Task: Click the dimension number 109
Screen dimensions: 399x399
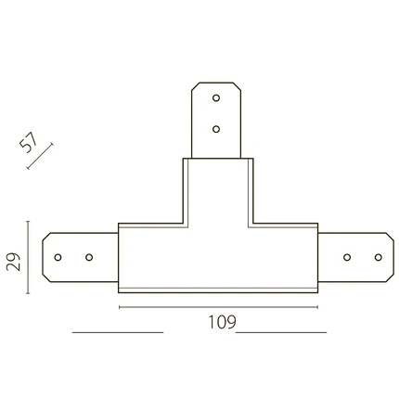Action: pyautogui.click(x=222, y=322)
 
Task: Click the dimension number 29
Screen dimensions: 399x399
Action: pyautogui.click(x=14, y=262)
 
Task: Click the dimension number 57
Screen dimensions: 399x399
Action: pyautogui.click(x=28, y=142)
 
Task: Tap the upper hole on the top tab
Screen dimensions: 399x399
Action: pyautogui.click(x=216, y=98)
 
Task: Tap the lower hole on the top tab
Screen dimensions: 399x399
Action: pyautogui.click(x=216, y=129)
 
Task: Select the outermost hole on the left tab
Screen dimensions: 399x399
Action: pyautogui.click(x=58, y=257)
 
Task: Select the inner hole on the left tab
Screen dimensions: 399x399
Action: pyautogui.click(x=89, y=257)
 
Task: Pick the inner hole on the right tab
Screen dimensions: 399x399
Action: pyautogui.click(x=347, y=257)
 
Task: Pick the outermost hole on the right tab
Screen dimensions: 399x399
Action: pyautogui.click(x=378, y=257)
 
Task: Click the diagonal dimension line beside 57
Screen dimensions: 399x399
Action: pyautogui.click(x=40, y=156)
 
